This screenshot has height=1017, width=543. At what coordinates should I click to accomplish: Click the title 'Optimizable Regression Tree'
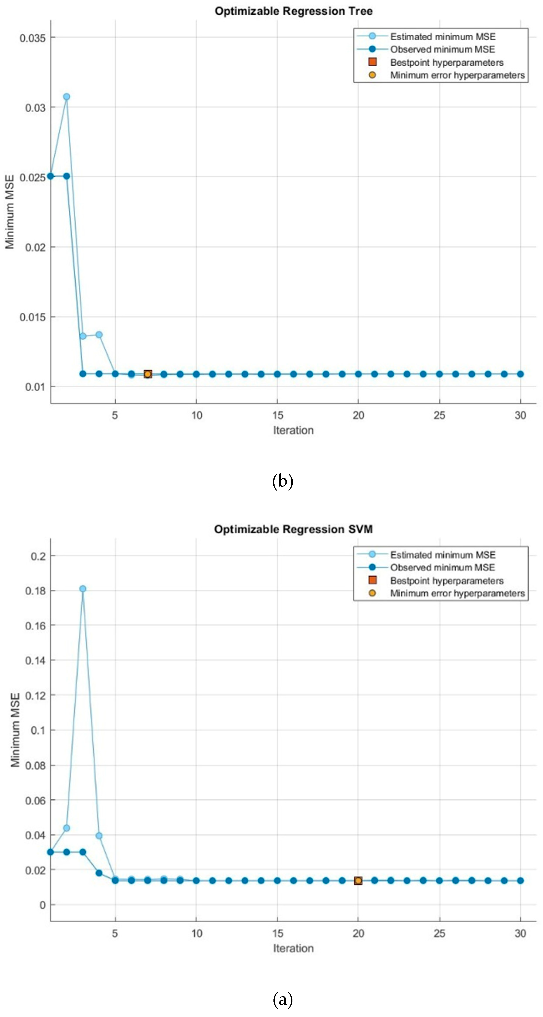click(293, 11)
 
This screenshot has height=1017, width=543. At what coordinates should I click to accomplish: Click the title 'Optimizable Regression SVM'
click(293, 529)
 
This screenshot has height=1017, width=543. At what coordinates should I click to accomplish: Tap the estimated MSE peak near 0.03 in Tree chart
click(67, 97)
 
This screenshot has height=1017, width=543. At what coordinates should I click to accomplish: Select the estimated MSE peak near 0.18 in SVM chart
click(83, 589)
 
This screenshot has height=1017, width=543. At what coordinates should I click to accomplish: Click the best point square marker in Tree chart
click(148, 374)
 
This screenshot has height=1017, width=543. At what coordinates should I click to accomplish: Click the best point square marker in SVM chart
click(358, 881)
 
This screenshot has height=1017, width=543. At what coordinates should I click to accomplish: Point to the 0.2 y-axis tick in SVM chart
click(38, 556)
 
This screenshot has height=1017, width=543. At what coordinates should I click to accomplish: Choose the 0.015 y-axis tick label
click(33, 317)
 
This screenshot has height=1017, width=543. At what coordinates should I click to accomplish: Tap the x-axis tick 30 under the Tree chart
click(520, 415)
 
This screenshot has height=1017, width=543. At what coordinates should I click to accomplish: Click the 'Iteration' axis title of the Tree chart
click(293, 430)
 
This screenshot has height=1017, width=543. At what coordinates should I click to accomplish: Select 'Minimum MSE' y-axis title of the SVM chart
click(15, 730)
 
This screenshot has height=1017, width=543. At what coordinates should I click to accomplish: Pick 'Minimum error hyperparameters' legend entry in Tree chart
click(457, 75)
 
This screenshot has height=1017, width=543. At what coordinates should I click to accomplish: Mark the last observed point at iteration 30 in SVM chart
click(520, 881)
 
